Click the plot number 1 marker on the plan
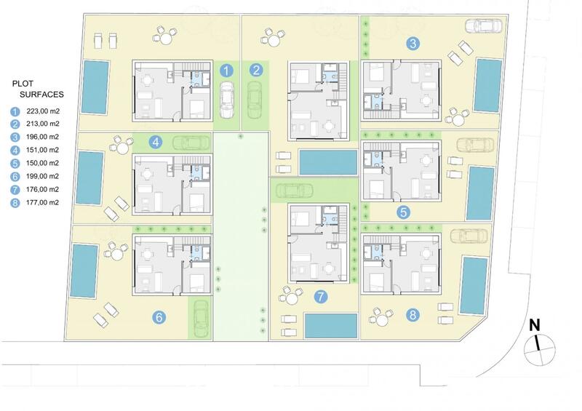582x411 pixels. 226,71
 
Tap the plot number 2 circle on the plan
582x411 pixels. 256,71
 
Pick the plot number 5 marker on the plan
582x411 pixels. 404,213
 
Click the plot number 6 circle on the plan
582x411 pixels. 159,316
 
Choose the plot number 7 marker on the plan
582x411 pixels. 319,296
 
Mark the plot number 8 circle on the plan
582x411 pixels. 413,316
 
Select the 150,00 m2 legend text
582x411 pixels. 42,163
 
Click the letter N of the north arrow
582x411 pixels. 533,325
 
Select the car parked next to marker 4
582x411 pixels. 189,143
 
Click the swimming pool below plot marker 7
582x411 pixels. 331,325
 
